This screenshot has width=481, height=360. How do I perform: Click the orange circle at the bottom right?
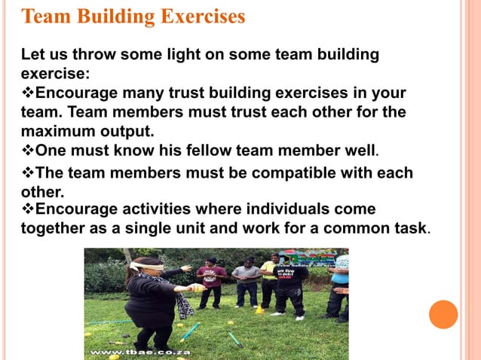[444, 313]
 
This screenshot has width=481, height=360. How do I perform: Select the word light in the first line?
[174, 55]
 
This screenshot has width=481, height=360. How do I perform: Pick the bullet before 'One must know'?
[28, 149]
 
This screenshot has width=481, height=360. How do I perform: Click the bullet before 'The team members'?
[28, 173]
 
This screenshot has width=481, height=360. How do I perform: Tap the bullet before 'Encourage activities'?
[28, 209]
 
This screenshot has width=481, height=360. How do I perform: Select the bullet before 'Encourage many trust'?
[28, 93]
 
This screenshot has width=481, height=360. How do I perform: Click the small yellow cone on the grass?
[259, 308]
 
